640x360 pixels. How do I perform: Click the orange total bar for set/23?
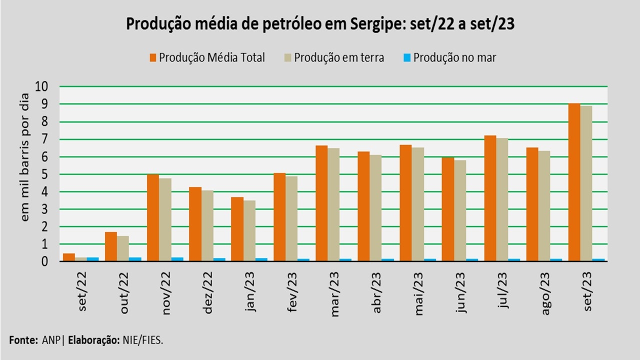(574, 182)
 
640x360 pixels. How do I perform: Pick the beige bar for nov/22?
(165, 219)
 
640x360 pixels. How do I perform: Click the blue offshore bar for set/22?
(92, 259)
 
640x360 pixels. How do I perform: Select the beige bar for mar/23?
(333, 204)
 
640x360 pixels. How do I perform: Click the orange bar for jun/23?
(447, 209)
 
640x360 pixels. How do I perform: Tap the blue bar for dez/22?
(219, 259)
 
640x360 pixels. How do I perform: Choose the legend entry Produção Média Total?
(211, 57)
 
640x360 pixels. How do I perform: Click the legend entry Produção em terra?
(339, 57)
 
